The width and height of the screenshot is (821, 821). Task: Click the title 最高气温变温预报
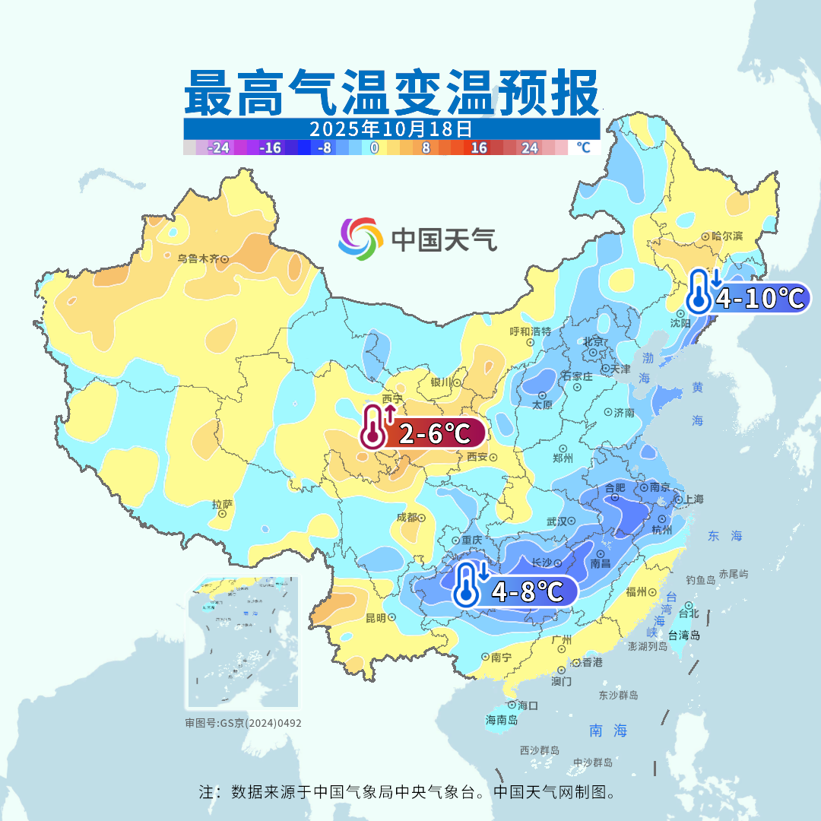pyautogui.click(x=391, y=92)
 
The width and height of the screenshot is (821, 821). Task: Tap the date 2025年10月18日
pyautogui.click(x=391, y=128)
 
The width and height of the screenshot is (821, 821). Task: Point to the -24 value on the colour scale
pyautogui.click(x=220, y=147)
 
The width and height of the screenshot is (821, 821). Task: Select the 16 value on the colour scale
pyautogui.click(x=479, y=147)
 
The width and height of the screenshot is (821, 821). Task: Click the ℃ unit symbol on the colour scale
pyautogui.click(x=583, y=147)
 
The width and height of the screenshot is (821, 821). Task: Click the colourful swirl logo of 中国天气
pyautogui.click(x=360, y=239)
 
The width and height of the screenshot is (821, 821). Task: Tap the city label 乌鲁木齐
pyautogui.click(x=198, y=258)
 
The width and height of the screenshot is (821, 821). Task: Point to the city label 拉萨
pyautogui.click(x=222, y=504)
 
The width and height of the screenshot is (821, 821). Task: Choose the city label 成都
pyautogui.click(x=407, y=517)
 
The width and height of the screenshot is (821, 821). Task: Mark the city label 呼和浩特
pyautogui.click(x=530, y=331)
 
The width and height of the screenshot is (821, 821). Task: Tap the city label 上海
pyautogui.click(x=693, y=499)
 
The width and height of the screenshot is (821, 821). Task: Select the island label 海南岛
pyautogui.click(x=502, y=720)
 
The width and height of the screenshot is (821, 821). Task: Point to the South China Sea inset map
pyautogui.click(x=243, y=642)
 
